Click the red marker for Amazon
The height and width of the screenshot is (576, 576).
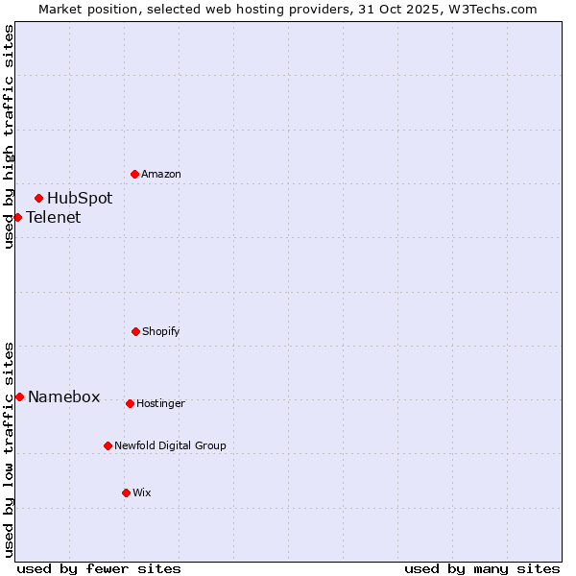(x=134, y=174)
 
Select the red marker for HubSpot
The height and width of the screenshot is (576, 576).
(x=38, y=199)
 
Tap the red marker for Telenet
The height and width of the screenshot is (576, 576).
(x=17, y=217)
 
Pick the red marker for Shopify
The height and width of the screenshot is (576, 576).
(x=135, y=331)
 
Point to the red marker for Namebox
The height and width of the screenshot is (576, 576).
(x=19, y=396)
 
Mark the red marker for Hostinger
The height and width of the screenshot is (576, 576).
(x=130, y=403)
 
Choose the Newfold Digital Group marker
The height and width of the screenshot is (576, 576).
(x=108, y=445)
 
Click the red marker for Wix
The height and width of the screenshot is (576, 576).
(x=126, y=492)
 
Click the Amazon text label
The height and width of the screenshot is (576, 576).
(x=161, y=174)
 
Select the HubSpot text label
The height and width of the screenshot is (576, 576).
(x=80, y=199)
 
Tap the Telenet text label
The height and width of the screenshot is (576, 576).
(x=54, y=217)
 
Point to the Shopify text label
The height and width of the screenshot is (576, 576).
(x=161, y=331)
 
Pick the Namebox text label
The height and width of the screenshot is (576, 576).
(x=64, y=396)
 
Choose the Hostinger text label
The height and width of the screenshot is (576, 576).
(x=160, y=403)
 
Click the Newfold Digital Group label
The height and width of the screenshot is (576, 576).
(x=171, y=445)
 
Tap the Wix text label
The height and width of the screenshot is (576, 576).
(x=142, y=492)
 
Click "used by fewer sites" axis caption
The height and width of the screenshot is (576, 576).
(x=99, y=568)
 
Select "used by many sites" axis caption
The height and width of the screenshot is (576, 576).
(x=482, y=568)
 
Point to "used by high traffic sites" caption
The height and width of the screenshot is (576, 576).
(x=9, y=136)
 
